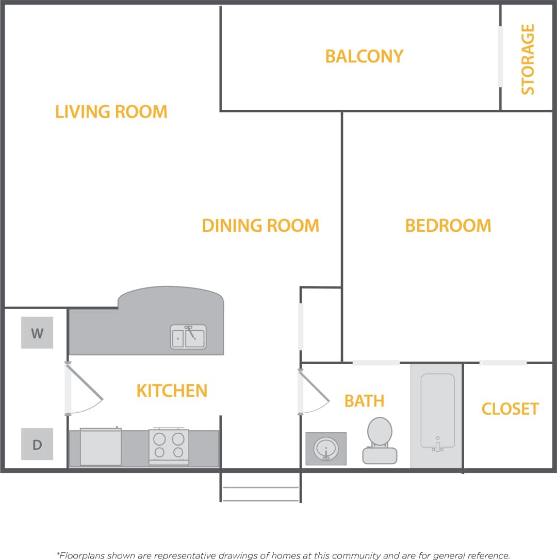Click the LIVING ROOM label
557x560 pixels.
click(111, 112)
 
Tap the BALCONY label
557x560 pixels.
click(364, 56)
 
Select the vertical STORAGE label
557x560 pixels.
click(528, 59)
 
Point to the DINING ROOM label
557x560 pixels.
click(260, 226)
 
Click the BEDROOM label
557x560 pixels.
click(448, 226)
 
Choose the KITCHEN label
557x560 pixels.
click(172, 391)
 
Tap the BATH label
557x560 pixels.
click(364, 401)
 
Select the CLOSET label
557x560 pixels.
click(510, 409)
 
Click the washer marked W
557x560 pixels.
click(37, 333)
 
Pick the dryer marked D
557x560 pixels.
click(37, 444)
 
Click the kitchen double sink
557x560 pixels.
click(188, 337)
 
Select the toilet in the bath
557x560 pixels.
click(380, 441)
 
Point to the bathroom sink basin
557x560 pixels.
click(326, 448)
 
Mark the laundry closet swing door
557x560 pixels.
click(83, 389)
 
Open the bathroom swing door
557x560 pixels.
click(313, 389)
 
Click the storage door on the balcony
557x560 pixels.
click(500, 57)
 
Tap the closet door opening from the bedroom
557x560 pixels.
click(503, 363)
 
